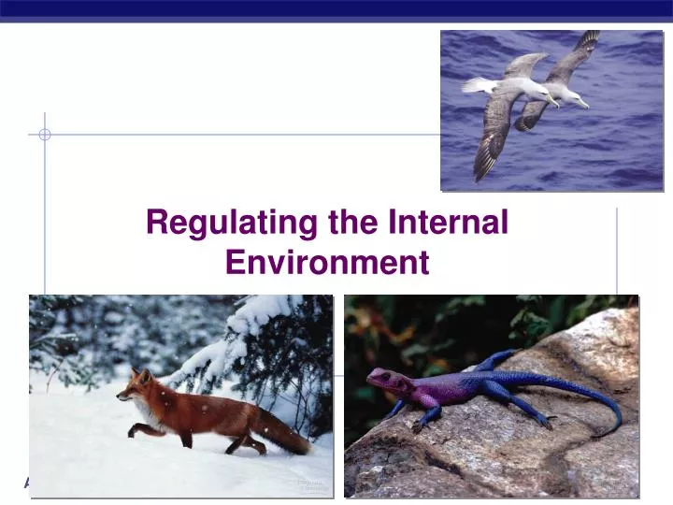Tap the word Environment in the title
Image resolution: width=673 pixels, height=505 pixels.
328,263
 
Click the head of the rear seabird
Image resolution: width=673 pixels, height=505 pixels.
572,94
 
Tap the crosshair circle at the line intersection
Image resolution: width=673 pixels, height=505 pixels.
45,135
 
